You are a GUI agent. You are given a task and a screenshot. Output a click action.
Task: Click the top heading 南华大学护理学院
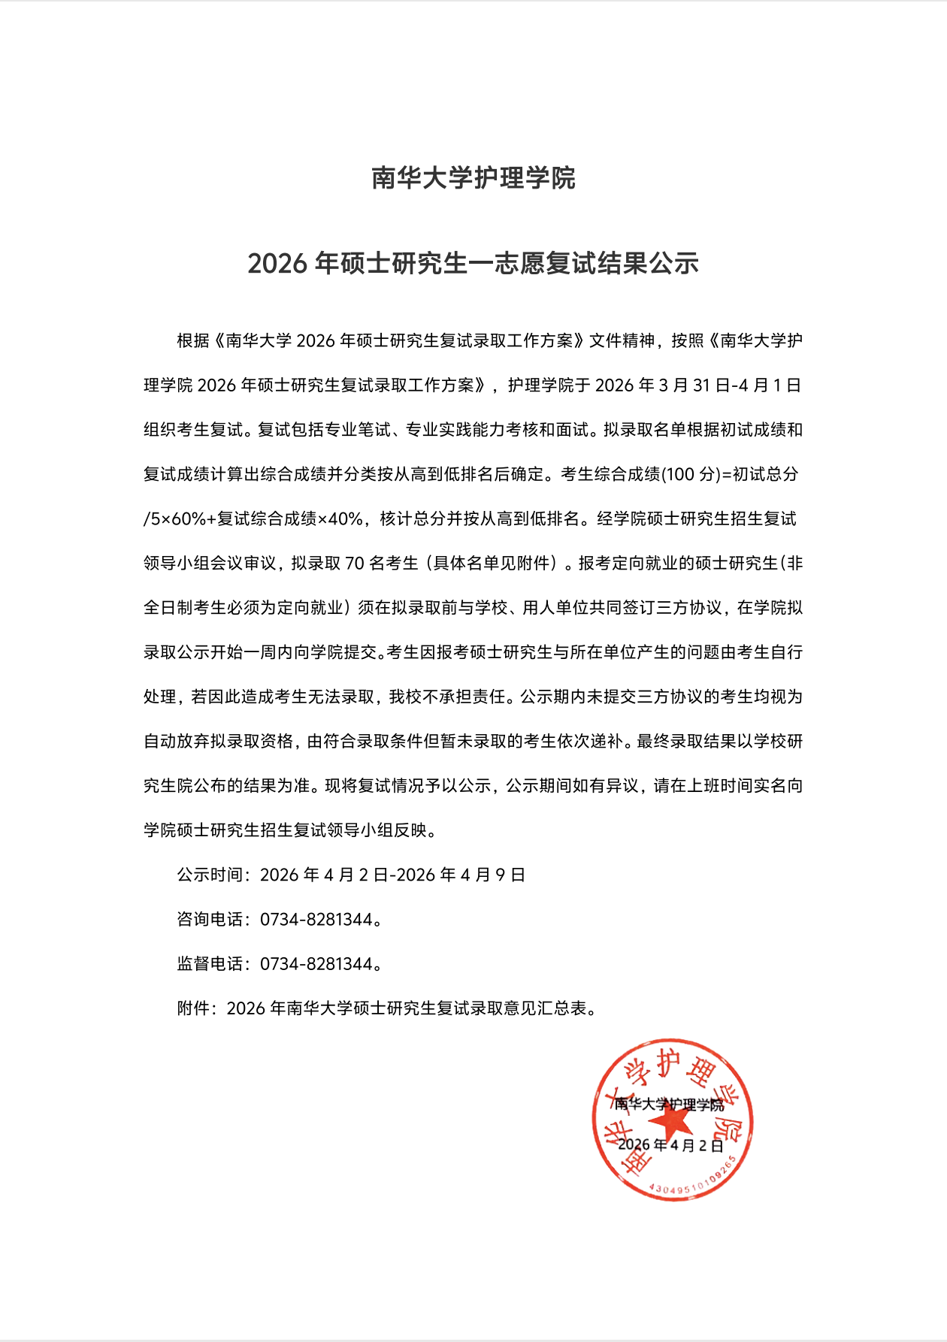point(473,179)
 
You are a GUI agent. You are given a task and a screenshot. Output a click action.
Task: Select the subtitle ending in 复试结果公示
point(473,264)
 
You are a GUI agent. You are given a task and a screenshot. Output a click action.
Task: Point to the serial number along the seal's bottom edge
point(691,1183)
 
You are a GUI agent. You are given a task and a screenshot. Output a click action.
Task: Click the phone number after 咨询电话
point(316,920)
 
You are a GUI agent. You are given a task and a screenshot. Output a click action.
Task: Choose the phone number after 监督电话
point(316,964)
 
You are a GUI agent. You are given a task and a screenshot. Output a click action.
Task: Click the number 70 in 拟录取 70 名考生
point(354,564)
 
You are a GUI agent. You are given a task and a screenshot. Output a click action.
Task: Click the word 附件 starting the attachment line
point(193,1008)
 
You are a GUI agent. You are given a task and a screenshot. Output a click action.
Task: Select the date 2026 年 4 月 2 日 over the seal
point(670,1146)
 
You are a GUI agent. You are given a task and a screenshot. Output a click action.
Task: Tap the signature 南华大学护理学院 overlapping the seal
point(669,1105)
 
